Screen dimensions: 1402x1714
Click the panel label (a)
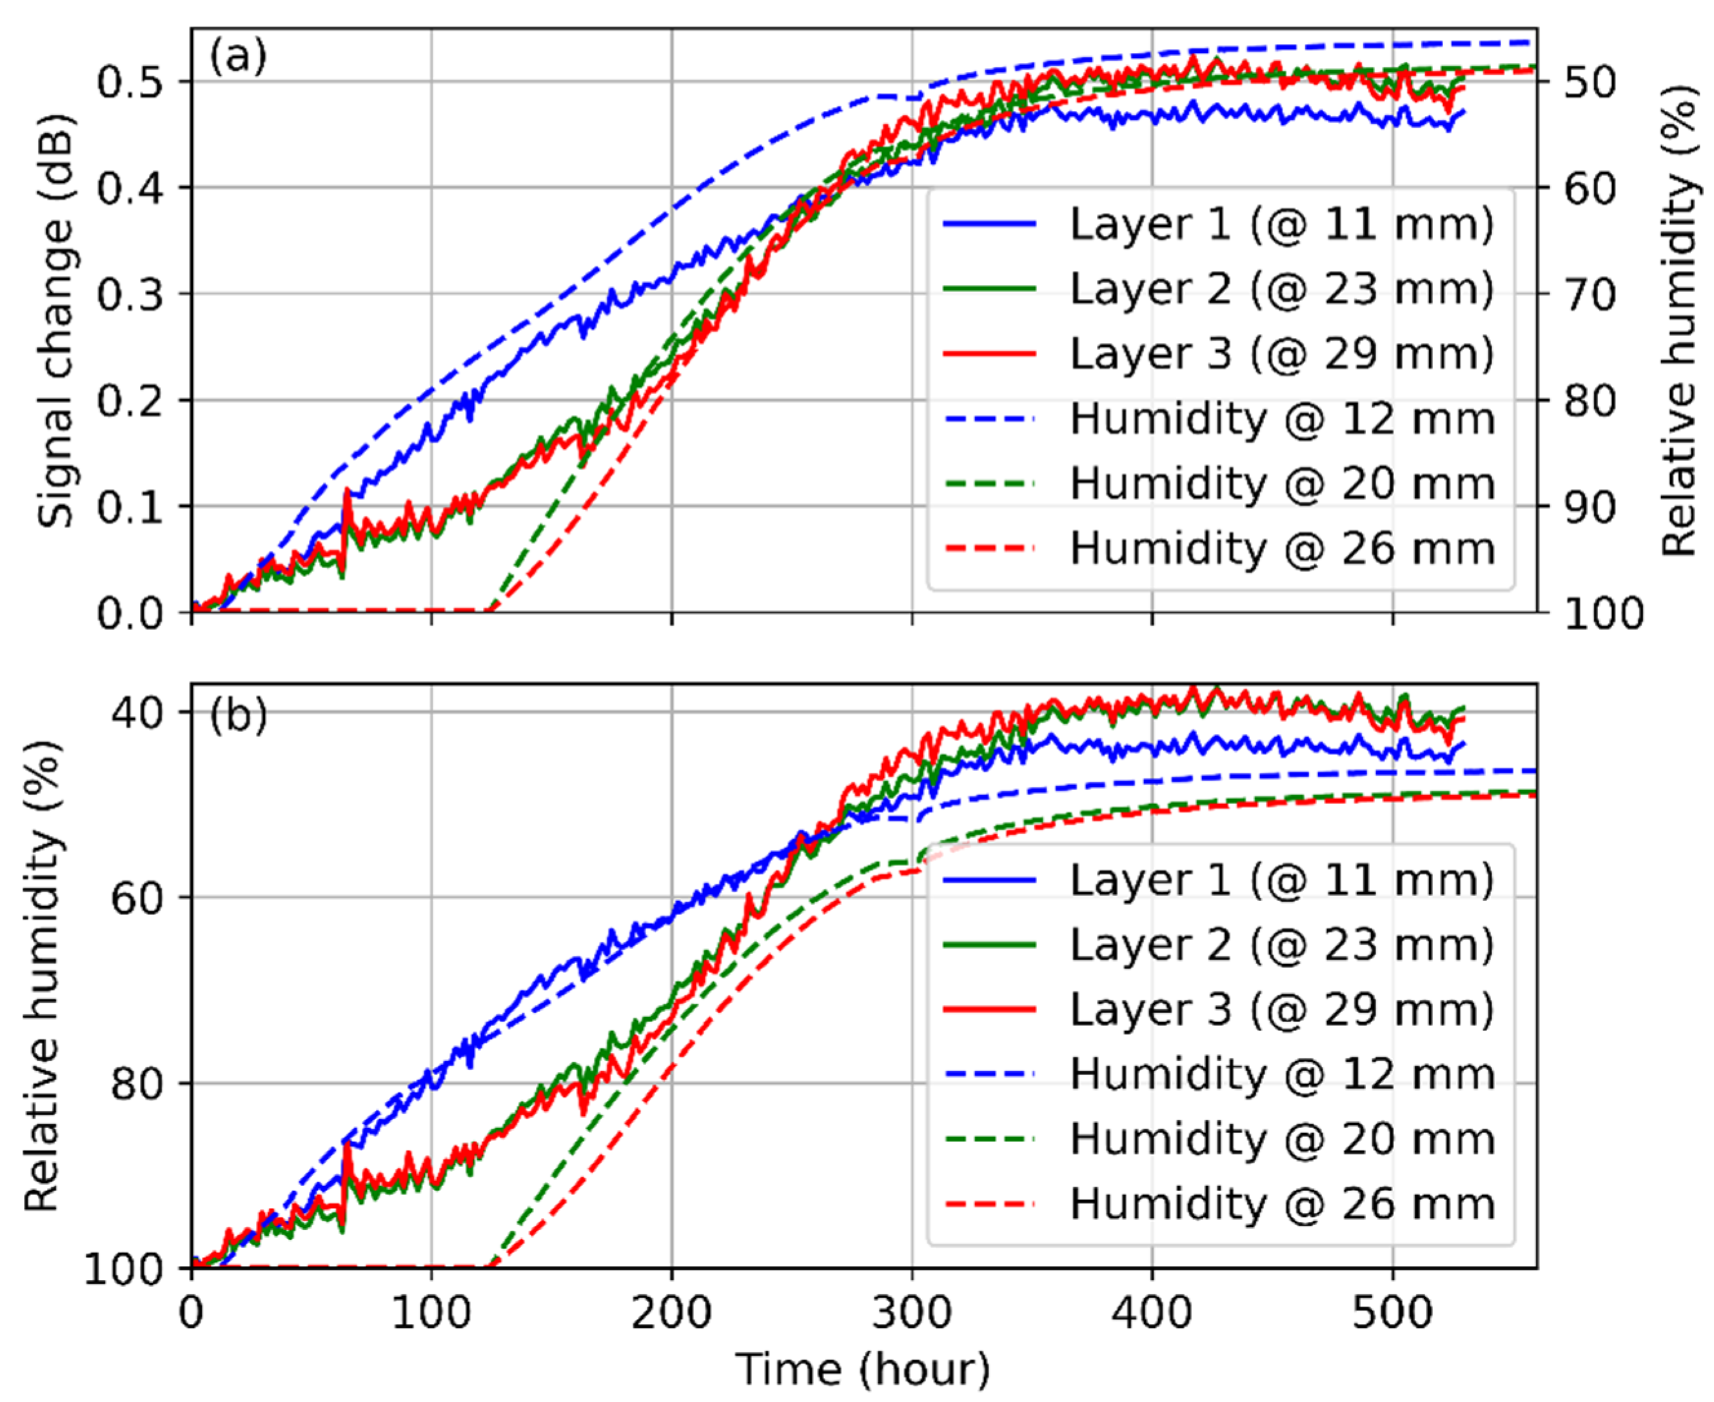237,58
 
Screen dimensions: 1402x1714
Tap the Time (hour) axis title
862,1370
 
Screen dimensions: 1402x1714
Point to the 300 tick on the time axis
912,1313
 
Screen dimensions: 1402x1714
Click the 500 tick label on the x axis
1392,1313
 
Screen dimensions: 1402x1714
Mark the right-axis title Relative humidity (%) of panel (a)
1679,321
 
